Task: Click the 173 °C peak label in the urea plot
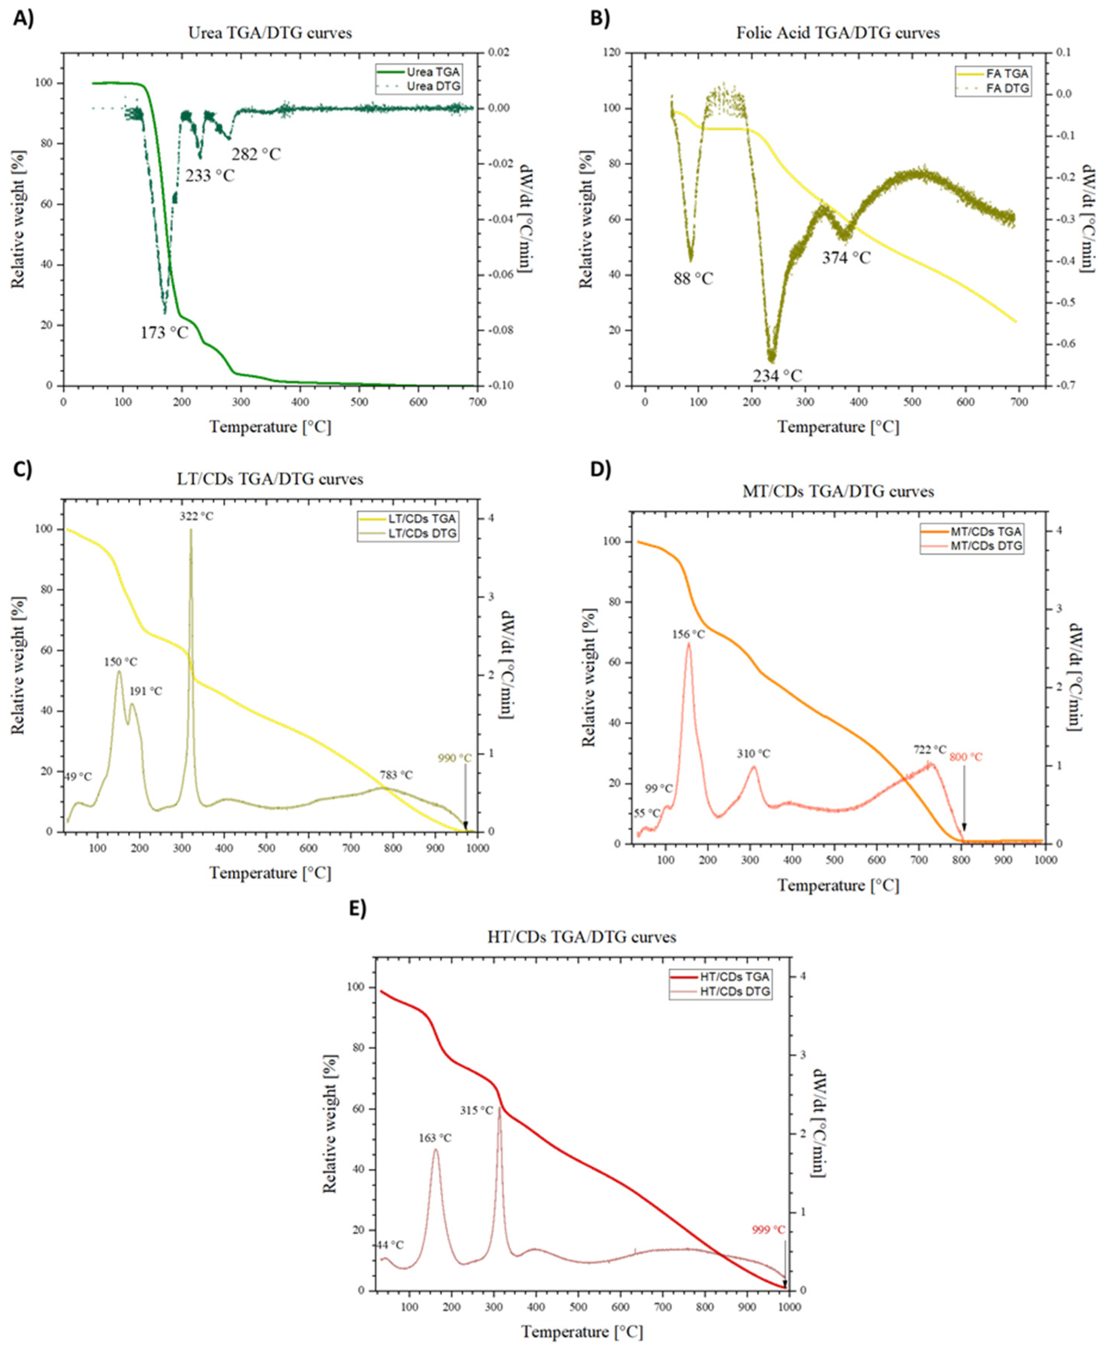[164, 333]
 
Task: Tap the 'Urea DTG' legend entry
[434, 86]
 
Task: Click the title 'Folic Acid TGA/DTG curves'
[838, 33]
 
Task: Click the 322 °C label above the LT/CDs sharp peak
[196, 516]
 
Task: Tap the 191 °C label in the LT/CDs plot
[146, 691]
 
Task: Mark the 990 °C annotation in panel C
[455, 758]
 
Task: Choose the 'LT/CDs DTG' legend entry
[422, 533]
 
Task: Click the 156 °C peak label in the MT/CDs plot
[689, 635]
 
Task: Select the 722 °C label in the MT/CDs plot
[930, 750]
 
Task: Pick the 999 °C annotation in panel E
[768, 1231]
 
